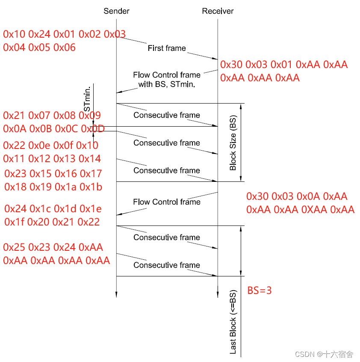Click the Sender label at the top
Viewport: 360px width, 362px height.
pyautogui.click(x=116, y=11)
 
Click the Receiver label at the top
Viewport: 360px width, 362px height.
pyautogui.click(x=218, y=11)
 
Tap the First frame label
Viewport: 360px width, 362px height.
pyautogui.click(x=167, y=48)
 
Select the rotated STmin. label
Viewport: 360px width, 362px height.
pyautogui.click(x=87, y=98)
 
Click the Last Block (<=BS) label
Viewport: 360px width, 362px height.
pyautogui.click(x=233, y=323)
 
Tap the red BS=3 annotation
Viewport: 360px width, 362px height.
pyautogui.click(x=260, y=291)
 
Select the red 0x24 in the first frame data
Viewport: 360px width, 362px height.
pyautogui.click(x=39, y=34)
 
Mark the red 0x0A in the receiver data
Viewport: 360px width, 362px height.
pyautogui.click(x=307, y=196)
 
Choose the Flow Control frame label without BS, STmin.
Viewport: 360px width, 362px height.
pyautogui.click(x=167, y=202)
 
